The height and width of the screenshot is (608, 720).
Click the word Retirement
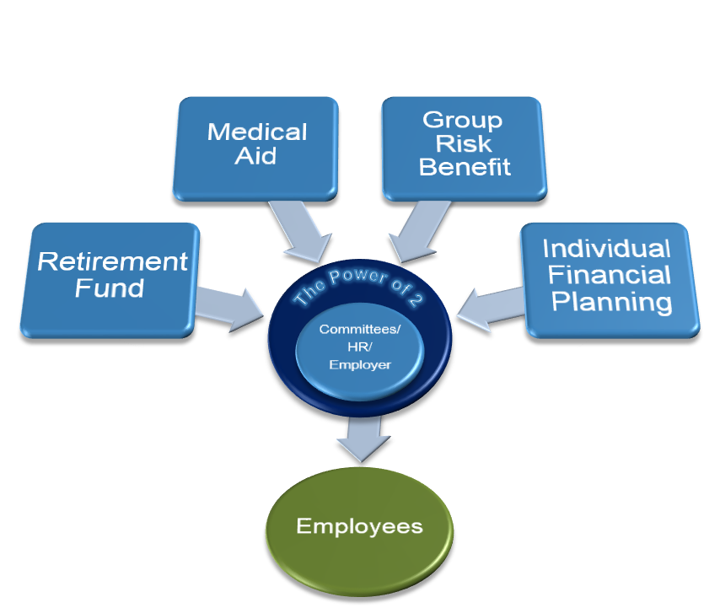click(x=112, y=261)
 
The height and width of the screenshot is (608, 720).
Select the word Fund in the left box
click(x=110, y=288)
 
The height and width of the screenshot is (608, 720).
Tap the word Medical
click(x=257, y=132)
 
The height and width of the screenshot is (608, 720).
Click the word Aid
click(x=255, y=156)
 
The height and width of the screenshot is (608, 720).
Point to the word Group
click(x=462, y=120)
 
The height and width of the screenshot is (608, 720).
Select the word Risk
click(x=464, y=143)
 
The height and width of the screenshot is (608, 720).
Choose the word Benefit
click(x=465, y=167)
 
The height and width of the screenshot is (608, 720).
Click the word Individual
click(x=607, y=249)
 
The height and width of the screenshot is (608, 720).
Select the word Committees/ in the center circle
click(x=360, y=330)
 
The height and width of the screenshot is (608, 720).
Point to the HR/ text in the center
click(x=360, y=347)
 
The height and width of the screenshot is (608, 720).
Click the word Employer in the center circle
click(x=360, y=365)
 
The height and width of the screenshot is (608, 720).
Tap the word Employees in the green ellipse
click(x=359, y=527)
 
